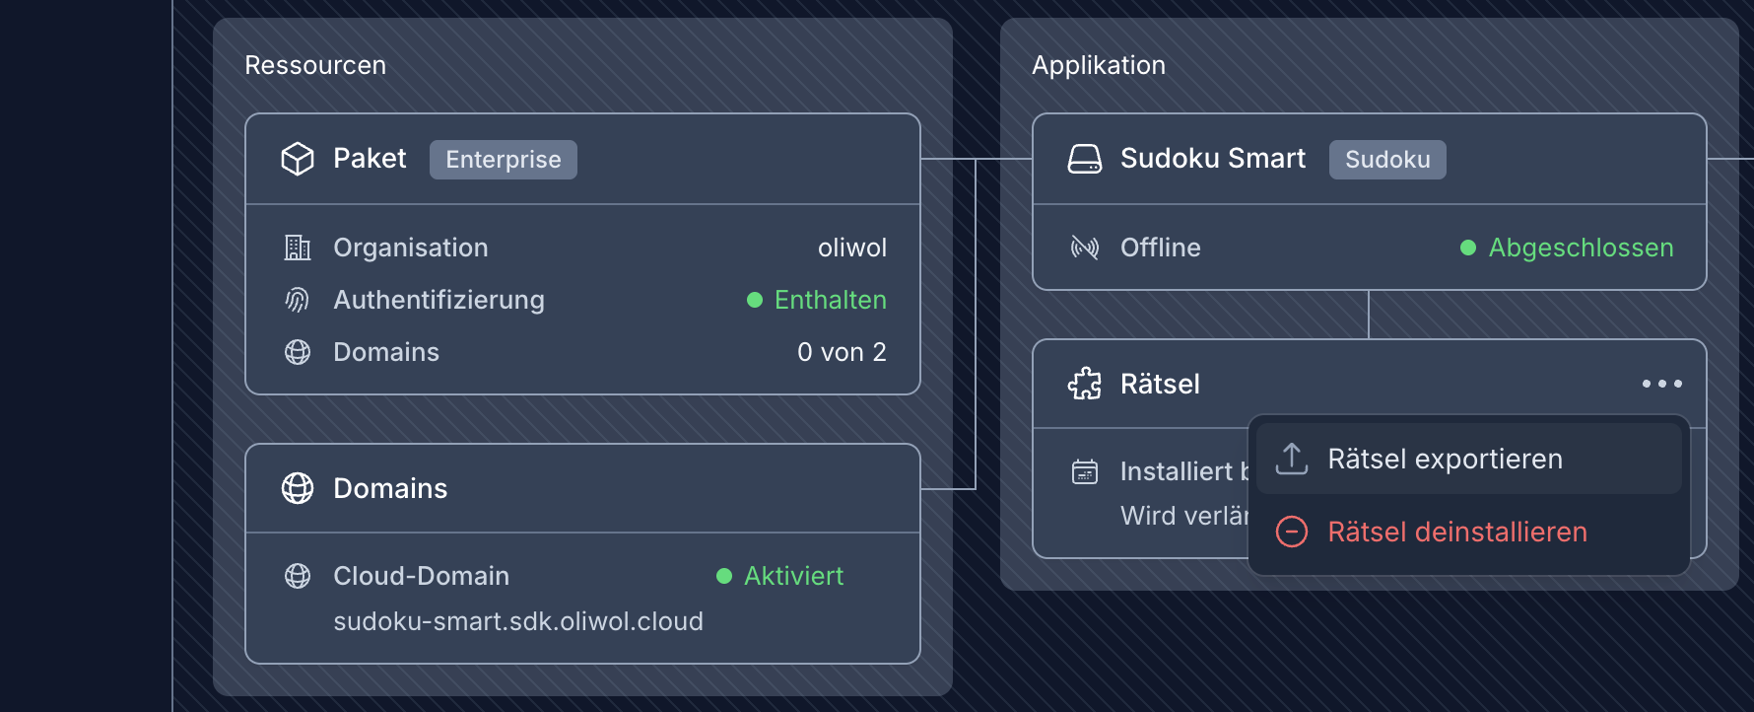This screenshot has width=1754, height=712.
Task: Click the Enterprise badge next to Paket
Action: point(503,160)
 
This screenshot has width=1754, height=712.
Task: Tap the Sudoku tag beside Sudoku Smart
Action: point(1386,160)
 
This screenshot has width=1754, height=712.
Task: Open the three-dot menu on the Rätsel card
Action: point(1661,384)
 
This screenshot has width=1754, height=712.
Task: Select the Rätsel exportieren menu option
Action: point(1445,460)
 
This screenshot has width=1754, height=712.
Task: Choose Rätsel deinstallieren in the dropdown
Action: point(1456,533)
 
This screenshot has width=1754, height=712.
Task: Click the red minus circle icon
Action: point(1292,533)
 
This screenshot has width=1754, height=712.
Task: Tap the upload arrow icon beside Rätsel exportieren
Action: point(1292,459)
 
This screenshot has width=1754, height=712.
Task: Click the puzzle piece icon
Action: point(1085,384)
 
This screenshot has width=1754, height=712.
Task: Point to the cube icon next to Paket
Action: point(298,159)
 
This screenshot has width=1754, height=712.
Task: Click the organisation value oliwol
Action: point(851,248)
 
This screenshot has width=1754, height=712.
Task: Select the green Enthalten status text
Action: point(830,300)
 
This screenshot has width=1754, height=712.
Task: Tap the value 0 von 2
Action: point(842,352)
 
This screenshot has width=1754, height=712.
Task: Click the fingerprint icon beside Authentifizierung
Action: point(298,300)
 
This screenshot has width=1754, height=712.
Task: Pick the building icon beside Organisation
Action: point(298,248)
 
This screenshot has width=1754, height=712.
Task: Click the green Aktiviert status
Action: point(793,576)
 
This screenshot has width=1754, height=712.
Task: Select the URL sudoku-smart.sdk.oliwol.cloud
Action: point(518,621)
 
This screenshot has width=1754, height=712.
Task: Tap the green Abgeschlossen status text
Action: point(1581,248)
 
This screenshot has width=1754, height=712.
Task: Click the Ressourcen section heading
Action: point(315,65)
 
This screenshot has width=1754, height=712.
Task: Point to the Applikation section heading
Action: point(1099,65)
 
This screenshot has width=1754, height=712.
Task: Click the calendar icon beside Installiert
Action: point(1085,472)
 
